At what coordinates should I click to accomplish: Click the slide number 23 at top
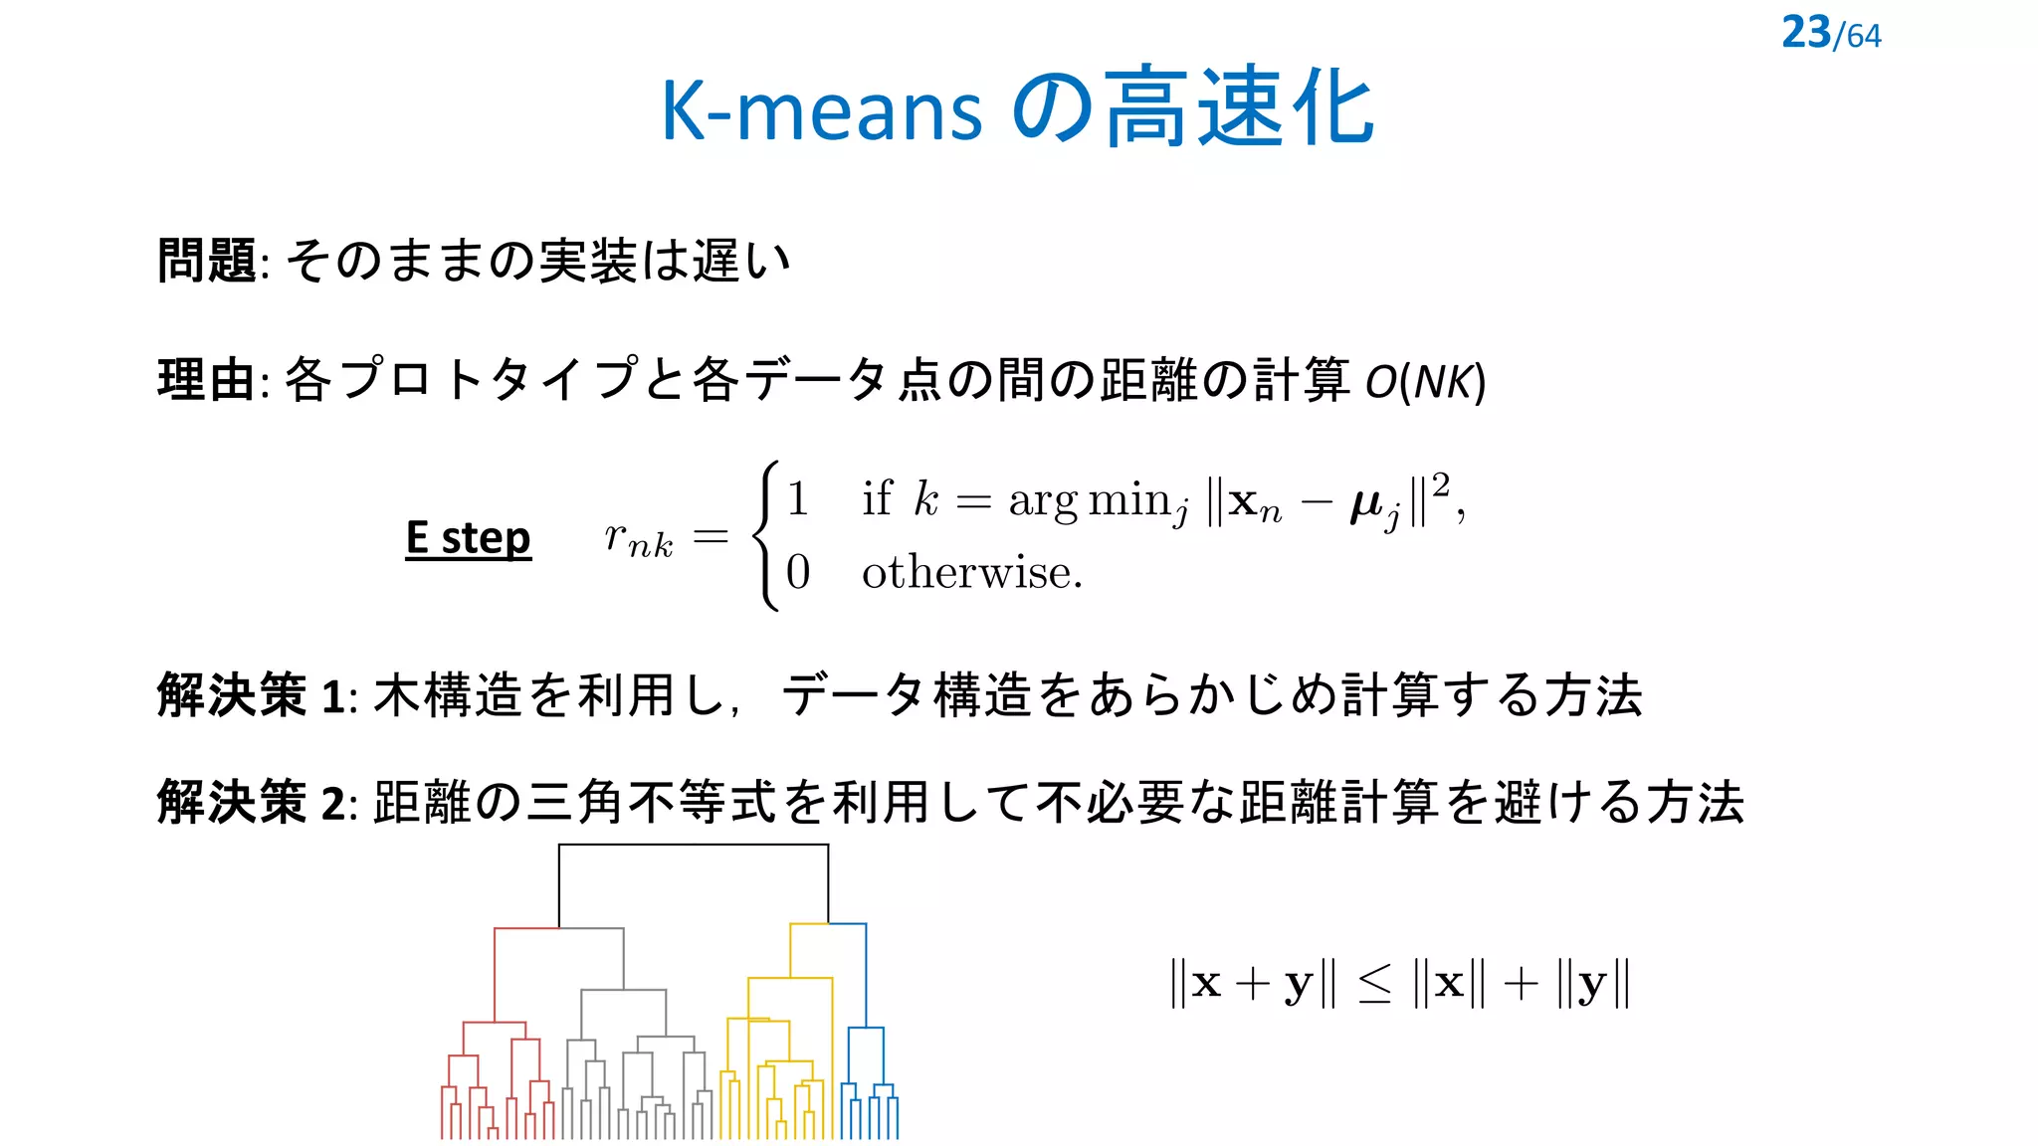tap(1806, 32)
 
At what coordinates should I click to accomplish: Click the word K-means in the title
tap(822, 109)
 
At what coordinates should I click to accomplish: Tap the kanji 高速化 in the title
tap(1240, 107)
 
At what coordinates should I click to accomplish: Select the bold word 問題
tap(207, 261)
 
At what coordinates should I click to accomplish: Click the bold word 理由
tap(207, 380)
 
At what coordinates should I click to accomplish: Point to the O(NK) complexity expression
tap(1425, 381)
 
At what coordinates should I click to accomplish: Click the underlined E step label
tap(468, 538)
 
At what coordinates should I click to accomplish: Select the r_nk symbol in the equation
tap(638, 538)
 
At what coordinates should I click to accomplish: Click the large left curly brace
tap(766, 535)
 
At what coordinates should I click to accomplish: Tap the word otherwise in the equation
tap(971, 573)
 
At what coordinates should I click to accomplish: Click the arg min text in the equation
tap(1089, 499)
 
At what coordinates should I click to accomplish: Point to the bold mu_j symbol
tap(1375, 505)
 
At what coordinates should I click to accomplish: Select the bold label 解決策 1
tap(251, 694)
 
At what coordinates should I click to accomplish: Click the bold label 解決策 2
tap(251, 802)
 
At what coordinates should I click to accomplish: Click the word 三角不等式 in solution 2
tap(651, 802)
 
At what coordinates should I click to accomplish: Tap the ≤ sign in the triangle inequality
tap(1375, 984)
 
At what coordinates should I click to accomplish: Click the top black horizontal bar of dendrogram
tap(694, 845)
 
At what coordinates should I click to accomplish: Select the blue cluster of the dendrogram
tap(868, 1074)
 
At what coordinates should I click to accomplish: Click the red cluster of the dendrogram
tap(495, 1064)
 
